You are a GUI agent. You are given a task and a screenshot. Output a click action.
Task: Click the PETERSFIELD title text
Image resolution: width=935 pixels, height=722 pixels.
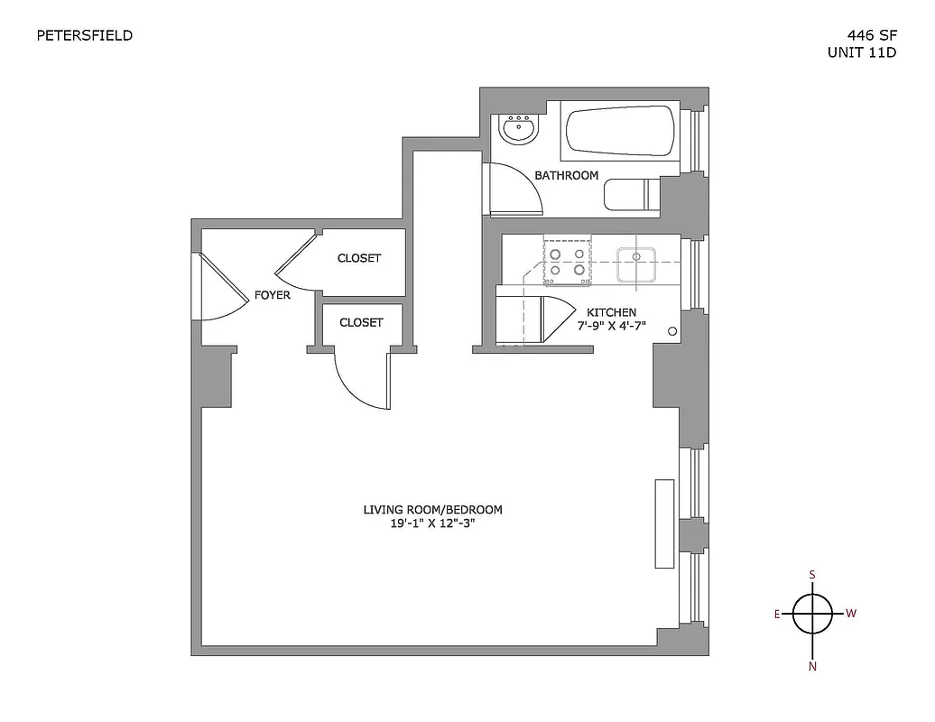[85, 36]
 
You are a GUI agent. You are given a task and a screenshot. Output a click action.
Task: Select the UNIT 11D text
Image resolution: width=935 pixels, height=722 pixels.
[861, 52]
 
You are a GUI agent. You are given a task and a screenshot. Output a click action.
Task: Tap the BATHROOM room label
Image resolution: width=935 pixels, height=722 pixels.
[566, 175]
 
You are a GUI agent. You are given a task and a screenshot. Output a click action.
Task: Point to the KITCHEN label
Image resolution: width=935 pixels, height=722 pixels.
[611, 312]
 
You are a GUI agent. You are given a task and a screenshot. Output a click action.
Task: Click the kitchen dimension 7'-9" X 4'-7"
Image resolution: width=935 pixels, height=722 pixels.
[611, 326]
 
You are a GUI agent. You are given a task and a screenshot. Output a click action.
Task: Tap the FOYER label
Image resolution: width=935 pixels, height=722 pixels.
[272, 295]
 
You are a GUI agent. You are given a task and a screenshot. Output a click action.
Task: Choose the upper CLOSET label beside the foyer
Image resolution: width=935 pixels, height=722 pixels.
[359, 258]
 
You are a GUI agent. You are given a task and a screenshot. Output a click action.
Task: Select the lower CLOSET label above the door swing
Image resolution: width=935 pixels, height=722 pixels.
[361, 322]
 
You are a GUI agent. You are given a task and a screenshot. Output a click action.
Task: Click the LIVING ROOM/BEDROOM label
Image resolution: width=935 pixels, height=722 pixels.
[432, 510]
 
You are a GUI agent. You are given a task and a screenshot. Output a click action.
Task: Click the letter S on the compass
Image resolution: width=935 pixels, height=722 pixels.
[812, 575]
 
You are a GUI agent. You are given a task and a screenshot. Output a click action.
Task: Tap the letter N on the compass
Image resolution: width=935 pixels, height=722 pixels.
[812, 667]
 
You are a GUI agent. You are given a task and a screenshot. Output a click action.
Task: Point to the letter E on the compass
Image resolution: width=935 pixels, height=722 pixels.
[776, 614]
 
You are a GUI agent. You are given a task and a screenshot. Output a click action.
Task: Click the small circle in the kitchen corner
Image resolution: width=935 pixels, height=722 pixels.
[672, 331]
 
